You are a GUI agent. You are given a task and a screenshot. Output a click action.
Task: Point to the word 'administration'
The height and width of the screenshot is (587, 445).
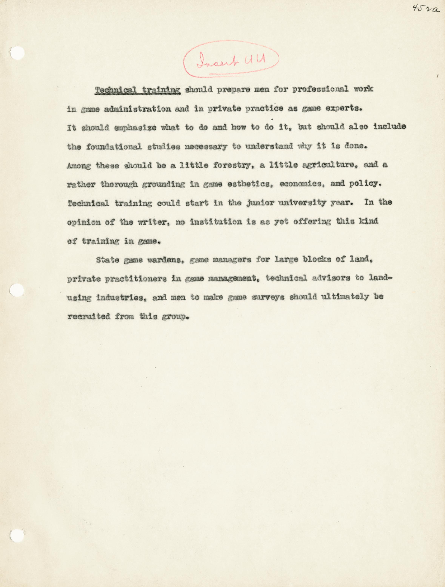coord(137,109)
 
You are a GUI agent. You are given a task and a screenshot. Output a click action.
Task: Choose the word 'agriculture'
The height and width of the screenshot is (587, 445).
coord(324,165)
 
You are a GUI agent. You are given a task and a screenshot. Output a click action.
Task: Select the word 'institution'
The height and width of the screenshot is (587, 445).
coord(216,222)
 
